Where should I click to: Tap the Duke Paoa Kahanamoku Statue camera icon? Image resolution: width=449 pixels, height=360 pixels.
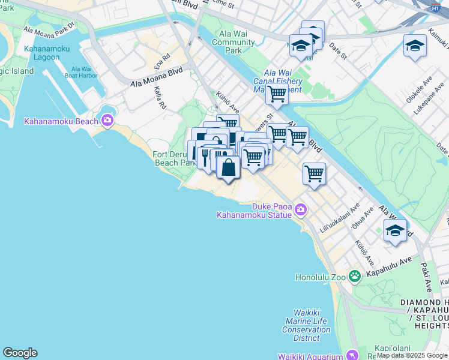[301, 209]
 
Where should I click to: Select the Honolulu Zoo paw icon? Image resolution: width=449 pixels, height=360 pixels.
[355, 277]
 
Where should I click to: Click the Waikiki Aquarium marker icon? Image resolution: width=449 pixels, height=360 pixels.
[353, 355]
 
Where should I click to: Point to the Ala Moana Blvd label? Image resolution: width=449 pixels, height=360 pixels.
[156, 79]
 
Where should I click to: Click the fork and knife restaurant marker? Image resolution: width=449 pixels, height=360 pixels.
[205, 157]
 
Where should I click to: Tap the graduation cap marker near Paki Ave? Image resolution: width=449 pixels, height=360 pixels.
[394, 230]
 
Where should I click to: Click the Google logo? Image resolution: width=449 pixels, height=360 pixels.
[20, 353]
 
